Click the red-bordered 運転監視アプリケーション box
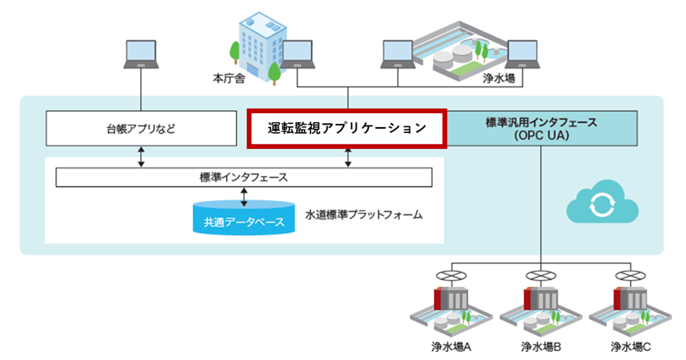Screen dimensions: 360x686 click(347, 128)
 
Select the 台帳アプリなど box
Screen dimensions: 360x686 click(141, 130)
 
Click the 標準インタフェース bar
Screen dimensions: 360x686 click(244, 177)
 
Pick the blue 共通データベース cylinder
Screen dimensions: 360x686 click(244, 219)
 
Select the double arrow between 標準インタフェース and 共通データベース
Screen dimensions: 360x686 click(244, 197)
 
